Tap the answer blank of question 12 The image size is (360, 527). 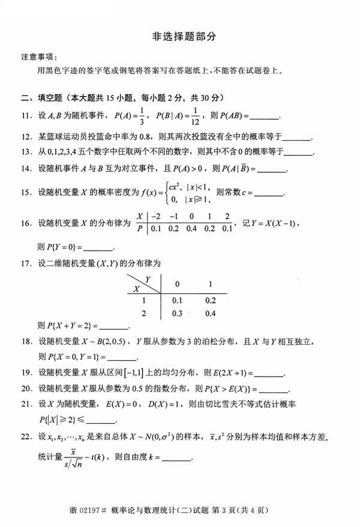tap(299, 137)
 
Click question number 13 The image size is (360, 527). tap(26, 152)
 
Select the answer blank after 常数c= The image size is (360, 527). tap(269, 193)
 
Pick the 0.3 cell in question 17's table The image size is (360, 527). tap(177, 313)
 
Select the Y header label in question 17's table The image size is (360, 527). tap(148, 278)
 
